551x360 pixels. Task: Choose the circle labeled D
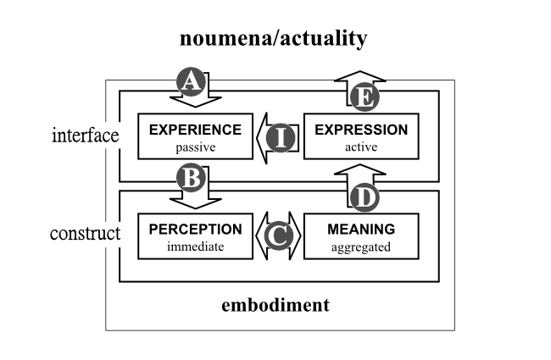(363, 196)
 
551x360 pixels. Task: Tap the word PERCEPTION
(196, 229)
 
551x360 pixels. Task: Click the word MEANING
(361, 229)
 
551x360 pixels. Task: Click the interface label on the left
(86, 136)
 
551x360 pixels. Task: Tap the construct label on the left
(86, 233)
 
